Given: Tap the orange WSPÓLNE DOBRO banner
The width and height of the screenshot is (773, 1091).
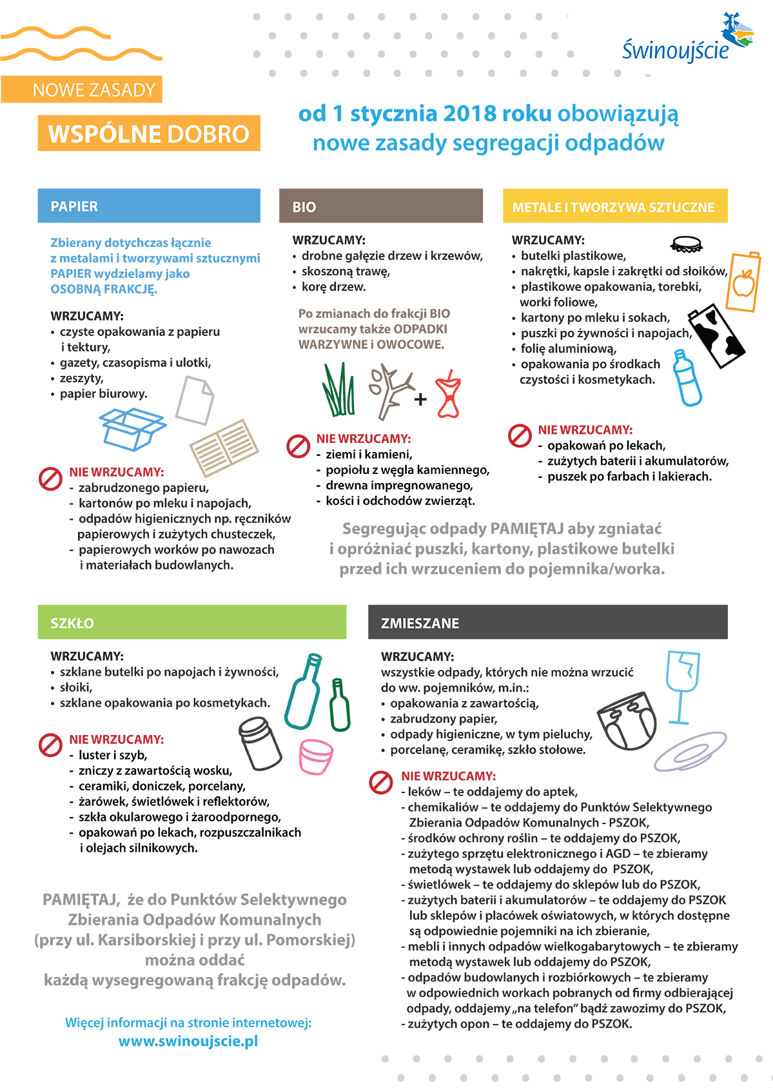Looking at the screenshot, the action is (149, 133).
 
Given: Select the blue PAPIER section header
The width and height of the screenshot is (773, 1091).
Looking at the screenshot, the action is (149, 206).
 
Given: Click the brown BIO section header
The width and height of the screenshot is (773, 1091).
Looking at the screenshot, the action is (381, 206).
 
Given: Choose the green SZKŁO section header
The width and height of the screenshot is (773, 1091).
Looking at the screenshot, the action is (192, 622).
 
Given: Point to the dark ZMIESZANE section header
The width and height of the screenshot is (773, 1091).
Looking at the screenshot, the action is (548, 622).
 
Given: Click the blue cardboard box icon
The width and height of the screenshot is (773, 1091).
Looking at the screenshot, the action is (132, 429).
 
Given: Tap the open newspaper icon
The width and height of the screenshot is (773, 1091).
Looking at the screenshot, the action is (224, 447).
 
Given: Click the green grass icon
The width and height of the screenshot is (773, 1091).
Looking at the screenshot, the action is (338, 389).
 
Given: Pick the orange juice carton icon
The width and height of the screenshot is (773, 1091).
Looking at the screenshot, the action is (743, 282).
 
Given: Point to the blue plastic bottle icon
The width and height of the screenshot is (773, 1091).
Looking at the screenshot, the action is (687, 378).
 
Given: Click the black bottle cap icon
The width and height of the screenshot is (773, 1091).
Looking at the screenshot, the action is (687, 244).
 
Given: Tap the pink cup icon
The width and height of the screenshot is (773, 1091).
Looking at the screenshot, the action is (316, 756).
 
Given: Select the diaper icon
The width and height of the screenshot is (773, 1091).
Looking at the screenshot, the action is (627, 720).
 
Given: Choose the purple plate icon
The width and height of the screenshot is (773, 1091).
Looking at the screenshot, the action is (690, 751).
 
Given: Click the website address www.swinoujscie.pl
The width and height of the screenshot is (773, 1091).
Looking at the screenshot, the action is (188, 1041).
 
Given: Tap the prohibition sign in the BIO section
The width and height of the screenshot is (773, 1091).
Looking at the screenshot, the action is (298, 446).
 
